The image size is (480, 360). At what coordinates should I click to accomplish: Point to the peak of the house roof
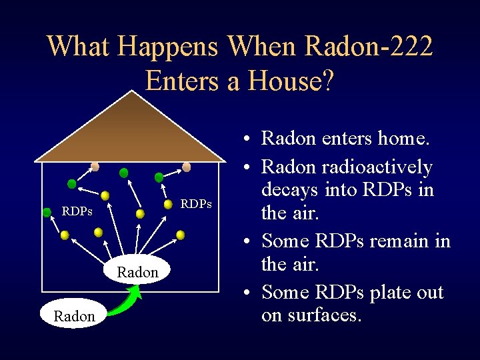coord(132,93)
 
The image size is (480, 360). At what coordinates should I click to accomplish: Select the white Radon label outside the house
coord(74,316)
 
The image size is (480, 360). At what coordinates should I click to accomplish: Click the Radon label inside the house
coord(137,272)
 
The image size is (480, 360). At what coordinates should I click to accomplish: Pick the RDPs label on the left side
coord(77,212)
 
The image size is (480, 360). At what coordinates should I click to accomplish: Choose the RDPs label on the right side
coord(196,203)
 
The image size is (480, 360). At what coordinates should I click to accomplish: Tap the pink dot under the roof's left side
coord(95,166)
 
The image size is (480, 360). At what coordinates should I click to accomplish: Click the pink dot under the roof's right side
coord(187,167)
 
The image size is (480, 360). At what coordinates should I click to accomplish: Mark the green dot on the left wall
coord(47,213)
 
